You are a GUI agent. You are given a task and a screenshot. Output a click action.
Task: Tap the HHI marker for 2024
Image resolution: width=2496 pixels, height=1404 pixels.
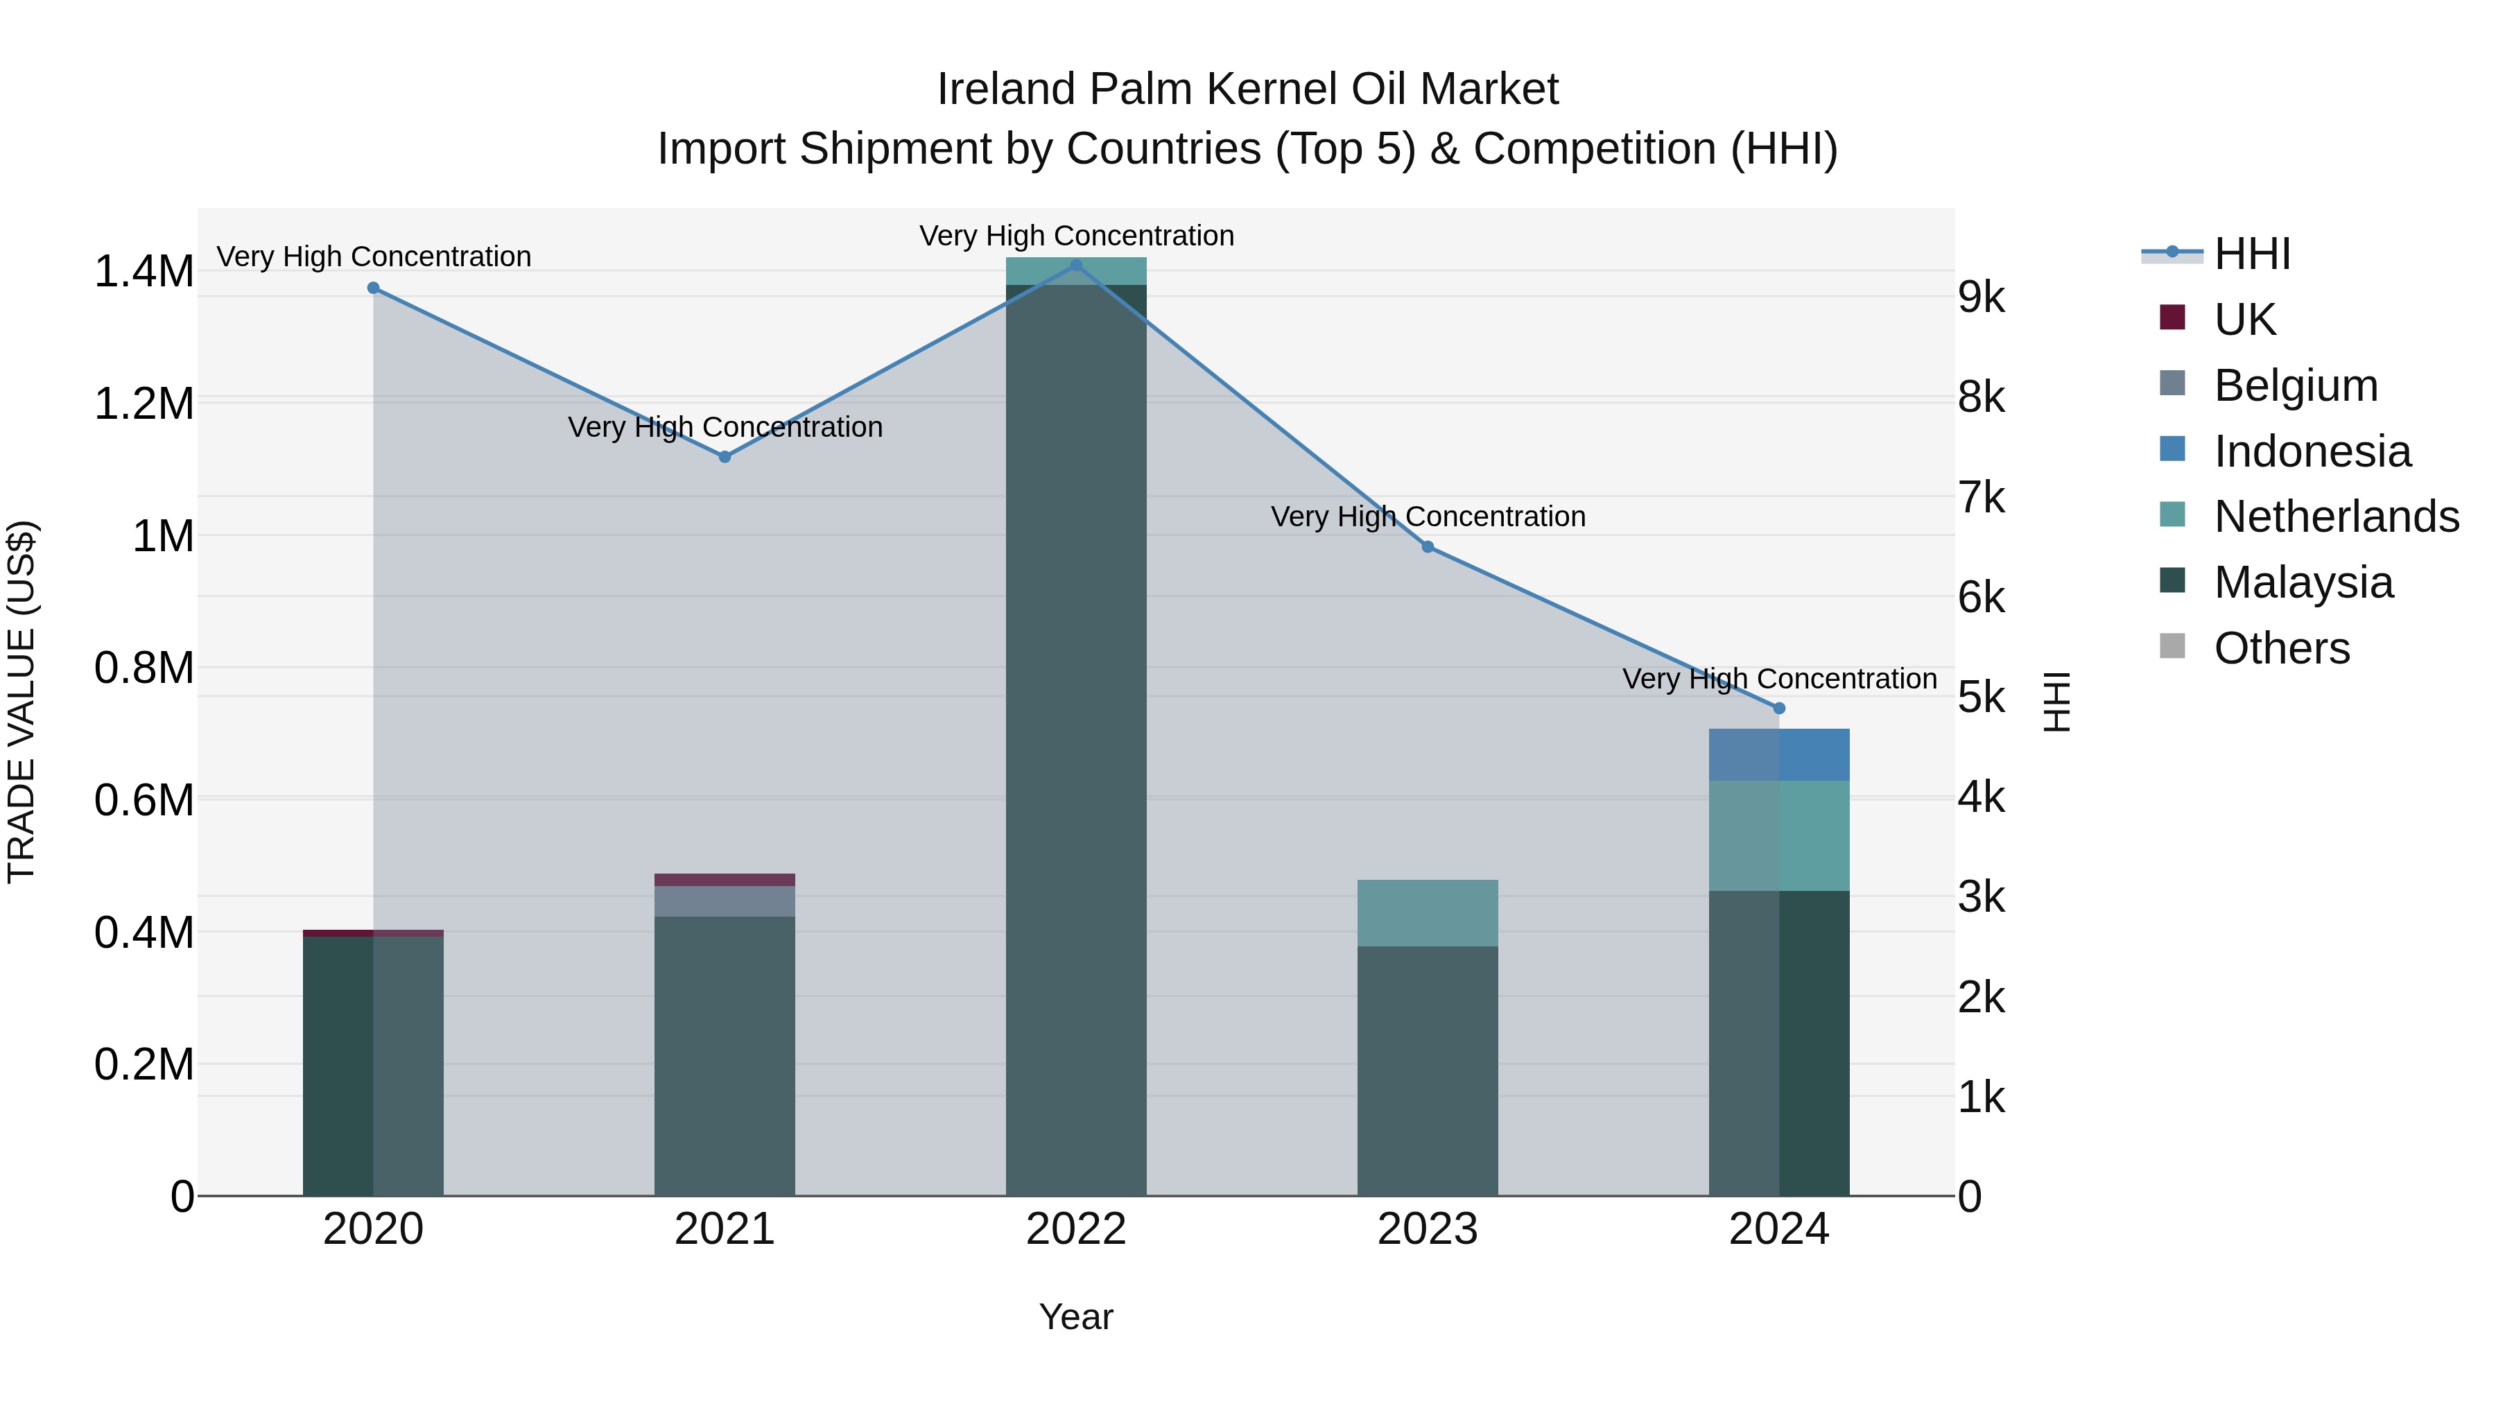click(1779, 709)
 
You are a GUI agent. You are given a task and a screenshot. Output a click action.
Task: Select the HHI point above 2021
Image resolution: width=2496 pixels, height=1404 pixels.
click(725, 456)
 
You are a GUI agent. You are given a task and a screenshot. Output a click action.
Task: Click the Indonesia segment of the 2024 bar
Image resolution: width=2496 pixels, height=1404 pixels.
click(1779, 755)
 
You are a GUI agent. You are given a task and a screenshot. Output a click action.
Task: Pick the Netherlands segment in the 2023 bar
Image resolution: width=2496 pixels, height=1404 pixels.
click(1428, 912)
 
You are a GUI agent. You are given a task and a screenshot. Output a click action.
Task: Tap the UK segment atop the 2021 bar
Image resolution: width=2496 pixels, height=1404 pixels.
click(725, 880)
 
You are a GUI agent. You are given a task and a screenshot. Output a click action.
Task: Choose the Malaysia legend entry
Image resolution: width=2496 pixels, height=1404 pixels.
click(2303, 582)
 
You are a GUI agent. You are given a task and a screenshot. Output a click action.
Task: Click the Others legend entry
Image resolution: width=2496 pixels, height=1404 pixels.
click(2282, 648)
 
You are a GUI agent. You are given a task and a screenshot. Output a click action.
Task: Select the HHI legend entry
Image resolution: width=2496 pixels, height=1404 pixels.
click(2252, 254)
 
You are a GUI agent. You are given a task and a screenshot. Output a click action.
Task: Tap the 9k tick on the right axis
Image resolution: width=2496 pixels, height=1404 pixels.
click(1982, 297)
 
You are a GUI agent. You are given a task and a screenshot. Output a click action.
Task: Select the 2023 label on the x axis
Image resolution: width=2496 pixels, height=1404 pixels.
click(1428, 1229)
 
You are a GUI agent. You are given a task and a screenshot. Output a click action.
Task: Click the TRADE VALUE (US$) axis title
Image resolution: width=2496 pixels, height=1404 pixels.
click(21, 702)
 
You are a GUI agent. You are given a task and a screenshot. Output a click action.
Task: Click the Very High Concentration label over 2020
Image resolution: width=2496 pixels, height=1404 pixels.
click(374, 257)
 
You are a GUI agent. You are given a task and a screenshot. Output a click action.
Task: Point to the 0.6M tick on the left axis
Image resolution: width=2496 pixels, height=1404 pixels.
click(144, 800)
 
